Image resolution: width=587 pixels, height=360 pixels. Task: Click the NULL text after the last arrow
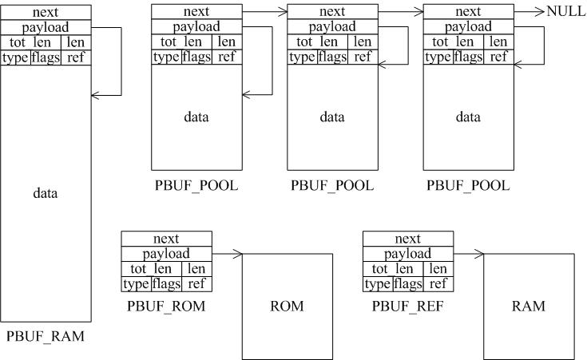[565, 12]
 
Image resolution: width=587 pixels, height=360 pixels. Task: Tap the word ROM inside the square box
[287, 306]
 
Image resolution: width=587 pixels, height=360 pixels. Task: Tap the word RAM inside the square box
[528, 306]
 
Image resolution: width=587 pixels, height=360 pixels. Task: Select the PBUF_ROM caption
[166, 306]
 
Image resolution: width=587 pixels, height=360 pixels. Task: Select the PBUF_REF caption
[407, 306]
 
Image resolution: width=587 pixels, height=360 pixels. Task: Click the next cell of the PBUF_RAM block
[46, 12]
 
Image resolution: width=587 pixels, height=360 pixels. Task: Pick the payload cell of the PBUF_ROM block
[166, 254]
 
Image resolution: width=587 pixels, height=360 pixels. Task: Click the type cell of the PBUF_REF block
[376, 284]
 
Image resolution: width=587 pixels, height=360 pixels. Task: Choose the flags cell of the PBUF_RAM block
[46, 57]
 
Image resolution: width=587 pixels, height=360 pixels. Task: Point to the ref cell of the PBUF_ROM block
[197, 284]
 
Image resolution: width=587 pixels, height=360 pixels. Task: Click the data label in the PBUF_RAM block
[46, 193]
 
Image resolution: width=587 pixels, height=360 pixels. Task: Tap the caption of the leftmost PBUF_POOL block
[196, 186]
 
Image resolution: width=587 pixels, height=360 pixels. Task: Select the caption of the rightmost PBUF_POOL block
[468, 186]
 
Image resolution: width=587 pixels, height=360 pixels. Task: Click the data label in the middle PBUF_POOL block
[332, 117]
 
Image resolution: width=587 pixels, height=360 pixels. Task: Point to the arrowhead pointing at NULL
[541, 12]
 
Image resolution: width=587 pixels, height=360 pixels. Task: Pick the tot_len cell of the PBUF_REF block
[392, 269]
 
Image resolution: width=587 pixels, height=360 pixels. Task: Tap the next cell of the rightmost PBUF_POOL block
[468, 12]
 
